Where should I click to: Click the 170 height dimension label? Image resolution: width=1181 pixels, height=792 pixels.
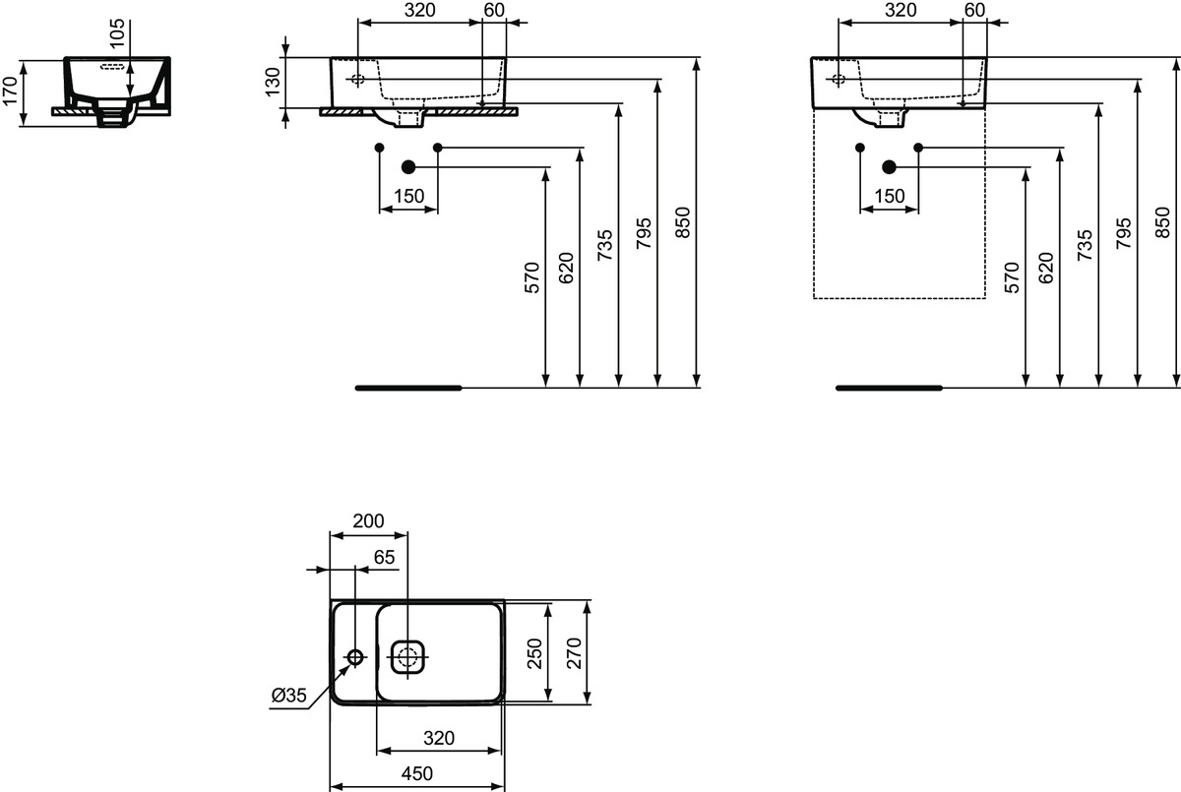click(x=11, y=88)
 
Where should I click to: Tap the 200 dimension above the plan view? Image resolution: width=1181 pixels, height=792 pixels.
click(x=368, y=521)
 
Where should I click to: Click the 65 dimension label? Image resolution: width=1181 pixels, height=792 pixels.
click(x=384, y=557)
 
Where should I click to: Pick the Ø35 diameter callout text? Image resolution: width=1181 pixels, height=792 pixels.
click(x=289, y=697)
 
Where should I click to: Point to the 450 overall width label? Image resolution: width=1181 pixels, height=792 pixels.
click(x=417, y=773)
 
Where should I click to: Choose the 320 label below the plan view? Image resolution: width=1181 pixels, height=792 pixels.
click(x=439, y=738)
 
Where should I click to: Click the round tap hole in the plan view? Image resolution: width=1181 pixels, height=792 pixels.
click(x=356, y=656)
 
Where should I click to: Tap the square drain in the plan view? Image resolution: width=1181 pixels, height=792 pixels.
click(x=408, y=656)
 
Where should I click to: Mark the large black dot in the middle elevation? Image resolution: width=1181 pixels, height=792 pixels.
click(x=408, y=167)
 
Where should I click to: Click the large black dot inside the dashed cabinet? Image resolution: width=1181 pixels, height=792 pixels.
click(x=890, y=167)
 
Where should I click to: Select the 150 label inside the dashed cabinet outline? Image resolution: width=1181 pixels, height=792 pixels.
click(x=889, y=197)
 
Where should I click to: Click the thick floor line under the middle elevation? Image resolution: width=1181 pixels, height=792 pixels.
click(x=408, y=388)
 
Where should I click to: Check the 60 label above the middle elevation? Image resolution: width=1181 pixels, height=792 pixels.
click(x=494, y=10)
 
